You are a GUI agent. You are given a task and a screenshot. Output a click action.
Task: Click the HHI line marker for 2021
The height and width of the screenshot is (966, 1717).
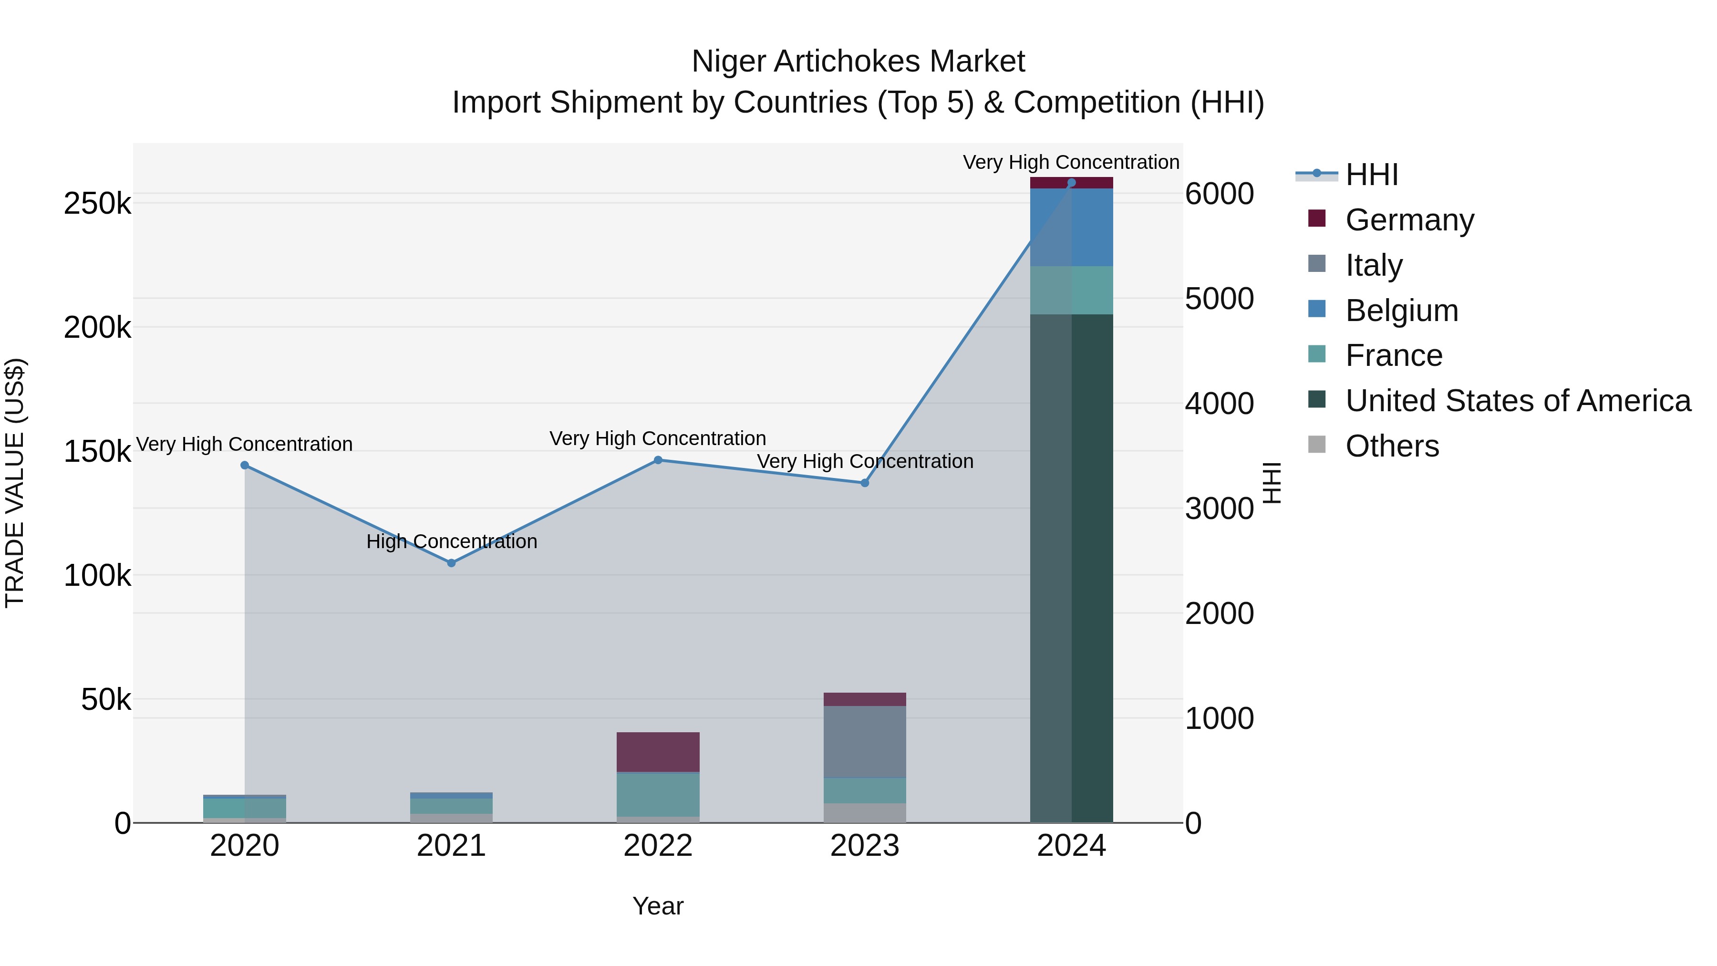(451, 563)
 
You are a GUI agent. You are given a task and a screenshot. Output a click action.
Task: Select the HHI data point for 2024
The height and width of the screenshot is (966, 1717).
(1071, 182)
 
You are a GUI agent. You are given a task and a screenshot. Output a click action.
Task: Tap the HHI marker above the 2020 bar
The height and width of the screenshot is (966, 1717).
(245, 465)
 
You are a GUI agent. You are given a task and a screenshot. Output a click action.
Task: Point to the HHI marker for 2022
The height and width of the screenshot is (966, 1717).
(658, 459)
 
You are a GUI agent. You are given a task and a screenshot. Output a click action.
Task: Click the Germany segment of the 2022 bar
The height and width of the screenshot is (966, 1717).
(658, 751)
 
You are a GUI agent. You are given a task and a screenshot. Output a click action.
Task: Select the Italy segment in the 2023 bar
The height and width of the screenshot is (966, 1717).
(865, 741)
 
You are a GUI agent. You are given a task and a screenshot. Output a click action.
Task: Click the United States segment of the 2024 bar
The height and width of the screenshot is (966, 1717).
(1071, 567)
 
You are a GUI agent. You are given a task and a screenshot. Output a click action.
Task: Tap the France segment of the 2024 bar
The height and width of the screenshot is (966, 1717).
(1071, 290)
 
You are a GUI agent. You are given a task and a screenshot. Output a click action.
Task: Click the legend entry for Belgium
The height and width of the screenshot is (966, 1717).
(1401, 310)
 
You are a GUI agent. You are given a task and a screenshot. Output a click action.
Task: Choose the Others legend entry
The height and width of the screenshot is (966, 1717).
(1392, 446)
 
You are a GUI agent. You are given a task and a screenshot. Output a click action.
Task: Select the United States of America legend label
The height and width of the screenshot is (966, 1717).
(1517, 400)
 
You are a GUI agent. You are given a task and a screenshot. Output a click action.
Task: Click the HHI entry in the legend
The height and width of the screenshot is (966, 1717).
(1372, 175)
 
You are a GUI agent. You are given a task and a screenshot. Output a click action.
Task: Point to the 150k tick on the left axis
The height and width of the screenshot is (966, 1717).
(97, 451)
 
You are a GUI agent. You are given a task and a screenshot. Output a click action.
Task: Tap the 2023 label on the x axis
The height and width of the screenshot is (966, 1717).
(865, 845)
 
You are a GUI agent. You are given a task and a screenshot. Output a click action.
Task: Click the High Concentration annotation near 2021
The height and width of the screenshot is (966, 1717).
(451, 541)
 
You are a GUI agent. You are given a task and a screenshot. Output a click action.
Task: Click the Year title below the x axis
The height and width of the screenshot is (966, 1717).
(657, 906)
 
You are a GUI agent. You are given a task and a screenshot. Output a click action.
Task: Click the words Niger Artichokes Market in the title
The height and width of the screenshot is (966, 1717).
(858, 62)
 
